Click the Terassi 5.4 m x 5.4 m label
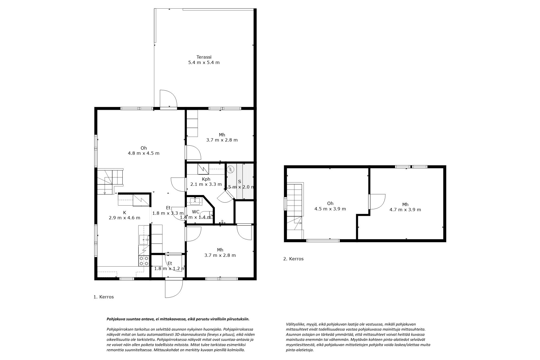point(204,60)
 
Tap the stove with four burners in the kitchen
point(144,261)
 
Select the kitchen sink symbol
point(143,240)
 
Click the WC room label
point(195,212)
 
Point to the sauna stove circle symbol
point(230,170)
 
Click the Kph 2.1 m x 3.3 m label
point(206,182)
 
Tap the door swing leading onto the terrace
point(168,99)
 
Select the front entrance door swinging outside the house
point(174,288)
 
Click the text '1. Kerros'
point(104,297)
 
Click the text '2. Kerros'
point(293,259)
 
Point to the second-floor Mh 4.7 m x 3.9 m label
point(405,207)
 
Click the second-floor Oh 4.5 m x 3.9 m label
point(330,206)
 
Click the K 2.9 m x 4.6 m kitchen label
point(124,215)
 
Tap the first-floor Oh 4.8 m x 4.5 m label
point(143,150)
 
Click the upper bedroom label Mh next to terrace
point(222,137)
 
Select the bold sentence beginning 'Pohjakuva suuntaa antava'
point(178,319)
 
